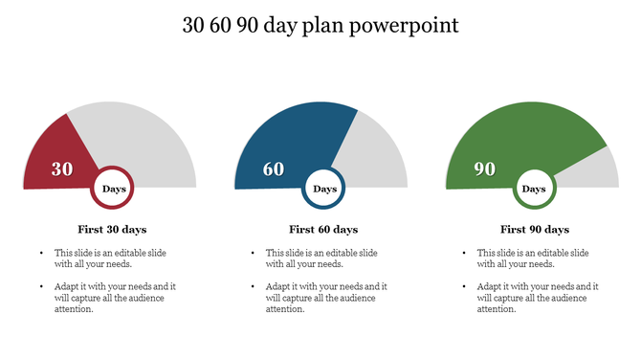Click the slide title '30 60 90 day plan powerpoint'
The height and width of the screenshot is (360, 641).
coord(320,26)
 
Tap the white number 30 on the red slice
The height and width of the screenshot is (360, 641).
coord(62,169)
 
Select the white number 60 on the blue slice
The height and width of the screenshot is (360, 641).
coord(274,169)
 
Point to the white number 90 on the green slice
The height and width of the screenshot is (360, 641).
coord(485,169)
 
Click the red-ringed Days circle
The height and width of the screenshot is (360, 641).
coord(113,189)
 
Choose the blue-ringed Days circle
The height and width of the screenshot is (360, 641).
coord(324,189)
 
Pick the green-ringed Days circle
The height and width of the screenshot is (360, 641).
coord(535,189)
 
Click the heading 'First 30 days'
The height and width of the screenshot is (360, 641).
coord(112,230)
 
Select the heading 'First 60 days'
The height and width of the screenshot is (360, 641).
coord(323,230)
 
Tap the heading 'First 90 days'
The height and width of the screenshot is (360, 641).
coord(535,230)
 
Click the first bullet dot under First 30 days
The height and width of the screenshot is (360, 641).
coord(41,253)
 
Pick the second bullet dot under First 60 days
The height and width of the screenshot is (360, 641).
coord(253,286)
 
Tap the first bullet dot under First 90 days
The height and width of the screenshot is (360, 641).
coord(464,253)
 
